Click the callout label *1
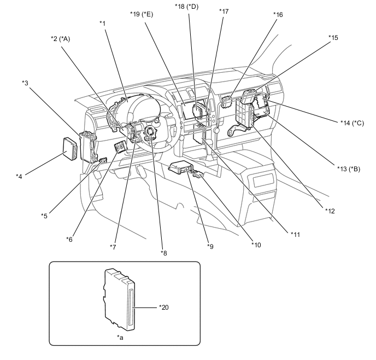pyautogui.click(x=102, y=22)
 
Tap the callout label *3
pyautogui.click(x=25, y=83)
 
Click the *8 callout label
pyautogui.click(x=164, y=252)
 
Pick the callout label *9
pyautogui.click(x=210, y=247)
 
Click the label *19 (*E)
pyautogui.click(x=141, y=14)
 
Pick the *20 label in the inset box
pyautogui.click(x=164, y=307)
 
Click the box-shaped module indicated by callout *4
pyautogui.click(x=70, y=146)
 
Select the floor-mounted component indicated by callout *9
pyautogui.click(x=180, y=168)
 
